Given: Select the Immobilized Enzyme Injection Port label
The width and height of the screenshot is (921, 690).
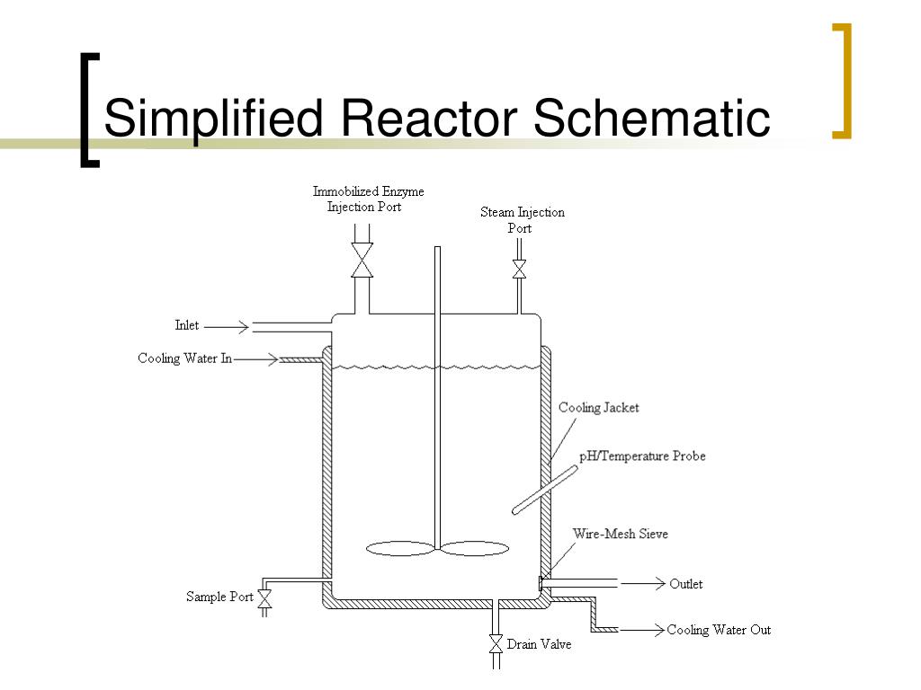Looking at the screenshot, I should [367, 199].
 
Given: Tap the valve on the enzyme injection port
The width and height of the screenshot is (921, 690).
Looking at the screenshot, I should [362, 261].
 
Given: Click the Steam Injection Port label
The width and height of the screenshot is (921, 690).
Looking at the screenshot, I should [522, 220].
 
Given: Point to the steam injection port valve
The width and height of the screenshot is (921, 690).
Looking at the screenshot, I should [519, 269].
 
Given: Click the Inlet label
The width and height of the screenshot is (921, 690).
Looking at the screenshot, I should [187, 325].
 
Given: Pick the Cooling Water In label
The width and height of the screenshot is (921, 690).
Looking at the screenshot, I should [184, 358].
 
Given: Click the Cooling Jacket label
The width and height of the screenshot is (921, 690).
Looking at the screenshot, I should [598, 408].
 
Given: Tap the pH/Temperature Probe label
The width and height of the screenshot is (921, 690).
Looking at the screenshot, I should [642, 456].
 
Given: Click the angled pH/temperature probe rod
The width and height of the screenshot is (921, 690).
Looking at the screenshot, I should [544, 489].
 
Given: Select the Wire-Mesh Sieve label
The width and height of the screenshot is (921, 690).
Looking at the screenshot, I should [621, 534].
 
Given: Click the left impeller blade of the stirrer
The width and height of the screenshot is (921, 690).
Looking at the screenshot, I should [400, 548].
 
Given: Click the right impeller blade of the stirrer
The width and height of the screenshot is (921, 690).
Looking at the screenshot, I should [476, 548].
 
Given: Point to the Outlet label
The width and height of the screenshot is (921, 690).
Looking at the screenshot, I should [686, 584].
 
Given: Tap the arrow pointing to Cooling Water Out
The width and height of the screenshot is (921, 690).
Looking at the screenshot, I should [641, 630].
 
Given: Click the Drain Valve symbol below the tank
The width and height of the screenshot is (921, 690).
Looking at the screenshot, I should [495, 643].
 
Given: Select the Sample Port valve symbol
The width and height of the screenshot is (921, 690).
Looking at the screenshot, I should [265, 597].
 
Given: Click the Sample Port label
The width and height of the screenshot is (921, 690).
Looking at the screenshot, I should [219, 597].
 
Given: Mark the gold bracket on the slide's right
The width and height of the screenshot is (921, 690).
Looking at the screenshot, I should [843, 81].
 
